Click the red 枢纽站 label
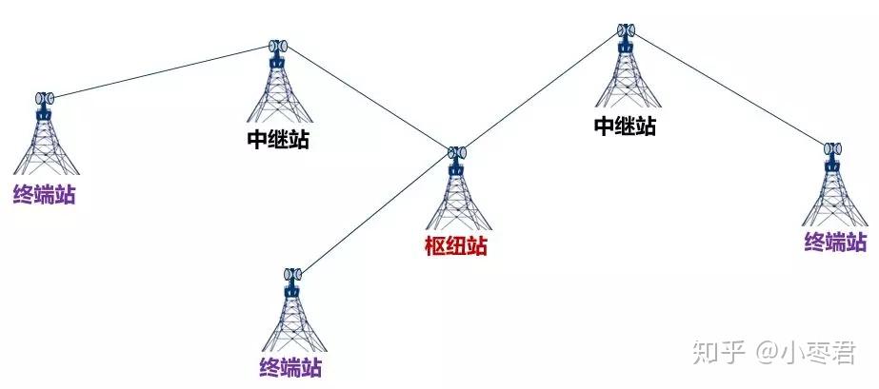click(455, 246)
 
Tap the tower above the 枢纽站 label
click(457, 195)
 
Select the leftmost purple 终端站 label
click(44, 195)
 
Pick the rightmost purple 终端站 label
click(835, 241)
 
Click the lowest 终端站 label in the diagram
click(290, 364)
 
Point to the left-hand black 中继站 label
click(277, 140)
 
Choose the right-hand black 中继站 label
click(625, 126)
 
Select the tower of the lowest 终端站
click(290, 314)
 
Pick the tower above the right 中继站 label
click(626, 71)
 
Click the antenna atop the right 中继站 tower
click(626, 29)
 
